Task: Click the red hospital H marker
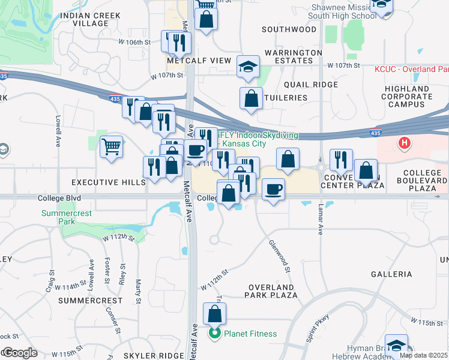[405, 144]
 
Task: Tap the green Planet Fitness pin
[214, 334]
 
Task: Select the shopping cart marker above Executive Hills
[111, 146]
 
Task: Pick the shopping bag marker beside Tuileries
[252, 98]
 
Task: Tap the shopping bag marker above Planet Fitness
[215, 314]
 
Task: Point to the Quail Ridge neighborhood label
[311, 85]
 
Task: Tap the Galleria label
[391, 274]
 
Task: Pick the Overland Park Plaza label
[271, 291]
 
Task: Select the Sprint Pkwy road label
[318, 328]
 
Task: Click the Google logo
[19, 353]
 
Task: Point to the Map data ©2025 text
[423, 355]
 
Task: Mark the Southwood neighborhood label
[289, 29]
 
